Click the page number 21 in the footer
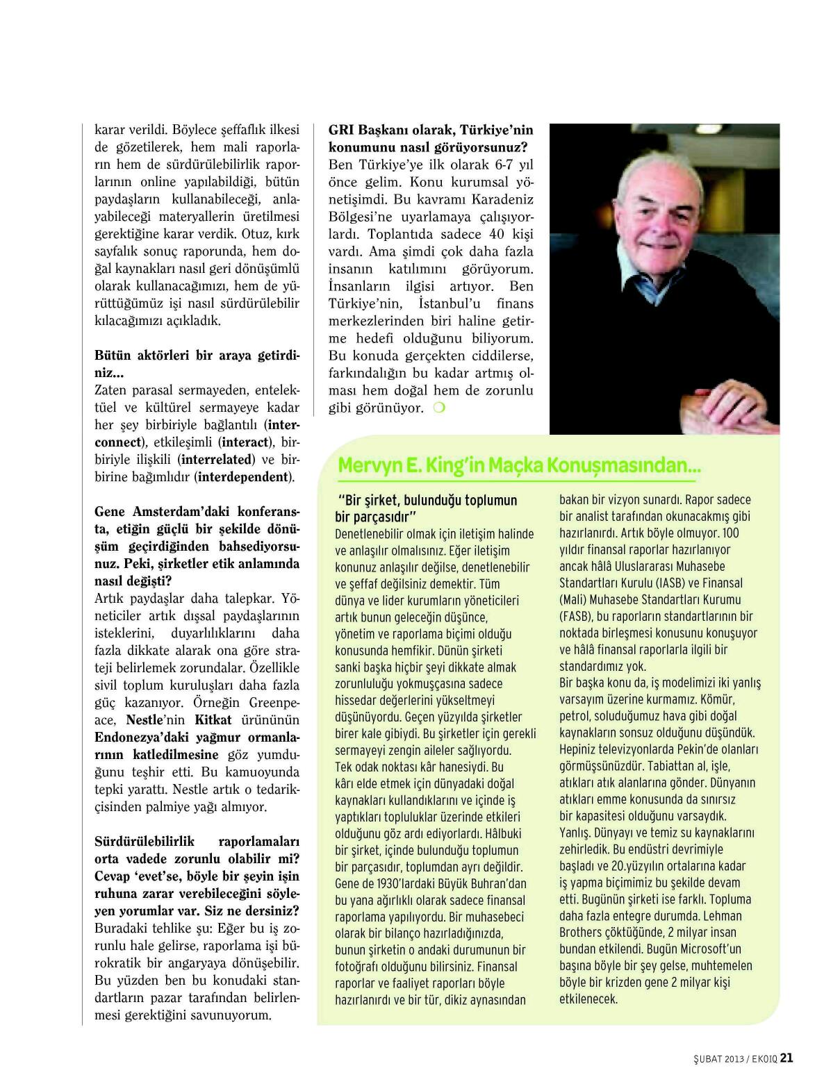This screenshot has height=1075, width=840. point(787,1058)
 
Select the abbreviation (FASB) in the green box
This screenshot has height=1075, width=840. point(576,616)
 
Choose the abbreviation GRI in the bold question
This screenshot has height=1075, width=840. point(342,130)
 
